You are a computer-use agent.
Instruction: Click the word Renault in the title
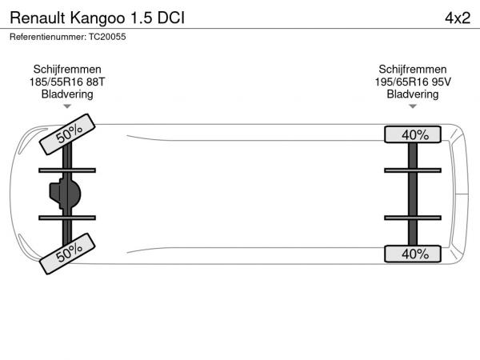(38, 18)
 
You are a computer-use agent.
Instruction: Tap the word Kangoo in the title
(98, 18)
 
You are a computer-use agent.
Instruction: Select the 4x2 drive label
(458, 18)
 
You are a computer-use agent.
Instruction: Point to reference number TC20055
(107, 37)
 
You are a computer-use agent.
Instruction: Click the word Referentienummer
(48, 37)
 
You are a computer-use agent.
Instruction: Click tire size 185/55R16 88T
(67, 82)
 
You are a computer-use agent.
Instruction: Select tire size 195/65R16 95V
(413, 82)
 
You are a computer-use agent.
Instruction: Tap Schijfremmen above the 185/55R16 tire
(67, 70)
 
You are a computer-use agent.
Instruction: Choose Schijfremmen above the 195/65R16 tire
(413, 70)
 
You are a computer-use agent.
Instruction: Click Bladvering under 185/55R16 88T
(67, 94)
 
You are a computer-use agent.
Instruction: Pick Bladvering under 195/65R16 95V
(413, 94)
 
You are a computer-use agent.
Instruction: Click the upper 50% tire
(67, 134)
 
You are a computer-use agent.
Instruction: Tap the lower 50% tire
(67, 254)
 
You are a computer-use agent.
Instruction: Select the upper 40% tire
(413, 134)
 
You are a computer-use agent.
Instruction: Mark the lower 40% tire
(413, 254)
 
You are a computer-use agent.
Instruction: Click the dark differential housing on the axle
(66, 194)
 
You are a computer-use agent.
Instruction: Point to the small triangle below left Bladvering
(67, 106)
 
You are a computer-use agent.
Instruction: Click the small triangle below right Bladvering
(413, 106)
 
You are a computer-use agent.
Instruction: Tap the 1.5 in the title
(142, 18)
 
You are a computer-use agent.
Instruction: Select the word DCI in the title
(171, 18)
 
